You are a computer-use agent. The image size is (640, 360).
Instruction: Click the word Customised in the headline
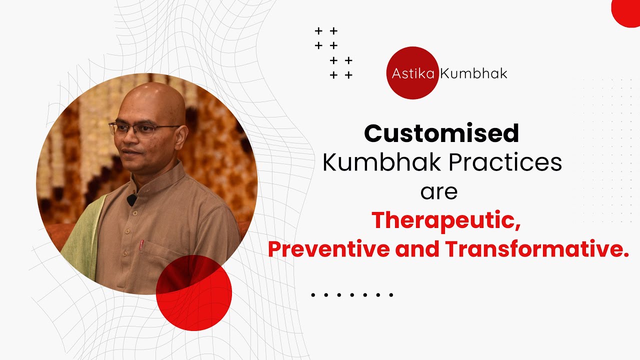click(441, 133)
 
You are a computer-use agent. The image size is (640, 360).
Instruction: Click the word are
click(439, 192)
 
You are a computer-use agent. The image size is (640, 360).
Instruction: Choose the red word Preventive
click(329, 249)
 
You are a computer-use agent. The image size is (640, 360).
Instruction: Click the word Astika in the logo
click(413, 74)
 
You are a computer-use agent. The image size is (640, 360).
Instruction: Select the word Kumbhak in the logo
click(473, 74)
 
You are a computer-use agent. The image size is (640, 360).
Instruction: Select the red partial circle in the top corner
click(627, 11)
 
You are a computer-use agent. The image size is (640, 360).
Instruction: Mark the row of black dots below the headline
click(352, 295)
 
